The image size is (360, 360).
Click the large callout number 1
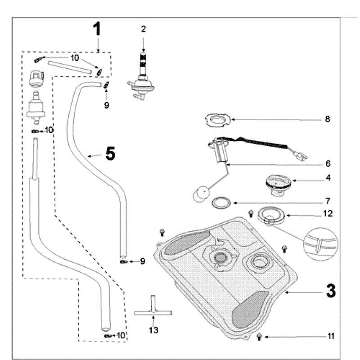(97, 30)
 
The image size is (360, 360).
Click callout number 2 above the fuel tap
(144, 29)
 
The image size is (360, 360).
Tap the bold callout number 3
(330, 291)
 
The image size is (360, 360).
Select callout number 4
(328, 178)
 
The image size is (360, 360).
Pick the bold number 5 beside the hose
(110, 154)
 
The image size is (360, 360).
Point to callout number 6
(328, 163)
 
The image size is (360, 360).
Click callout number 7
(328, 200)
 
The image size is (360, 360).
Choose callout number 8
(328, 119)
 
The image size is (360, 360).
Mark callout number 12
(328, 214)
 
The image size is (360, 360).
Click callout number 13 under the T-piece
(153, 331)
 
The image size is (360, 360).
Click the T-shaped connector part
(153, 309)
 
